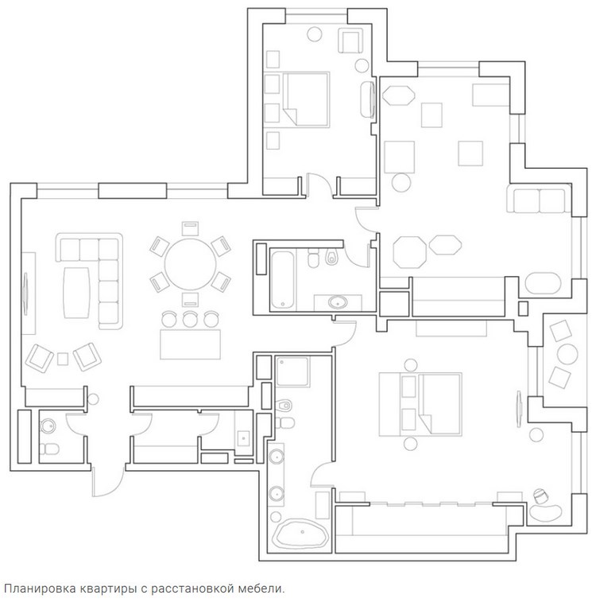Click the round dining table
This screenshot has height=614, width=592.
point(190,264)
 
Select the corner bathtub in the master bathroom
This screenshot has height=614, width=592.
point(301,534)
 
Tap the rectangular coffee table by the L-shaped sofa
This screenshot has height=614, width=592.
point(77,293)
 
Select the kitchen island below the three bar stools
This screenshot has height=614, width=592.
point(190,344)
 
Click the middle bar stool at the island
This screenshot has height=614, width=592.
point(190,319)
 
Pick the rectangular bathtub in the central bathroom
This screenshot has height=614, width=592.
point(283,279)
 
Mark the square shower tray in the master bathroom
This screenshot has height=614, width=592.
point(292,371)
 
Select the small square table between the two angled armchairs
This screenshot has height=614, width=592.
point(63,359)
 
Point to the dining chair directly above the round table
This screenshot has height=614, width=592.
point(190,229)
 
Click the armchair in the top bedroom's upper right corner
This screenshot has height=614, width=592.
point(350,41)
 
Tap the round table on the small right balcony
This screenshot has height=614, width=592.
point(567,354)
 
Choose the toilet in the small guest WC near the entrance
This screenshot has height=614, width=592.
point(49,449)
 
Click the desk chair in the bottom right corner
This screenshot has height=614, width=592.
point(540,495)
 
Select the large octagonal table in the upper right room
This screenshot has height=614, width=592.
point(410,252)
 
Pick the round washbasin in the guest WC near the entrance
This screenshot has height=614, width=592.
point(48,426)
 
